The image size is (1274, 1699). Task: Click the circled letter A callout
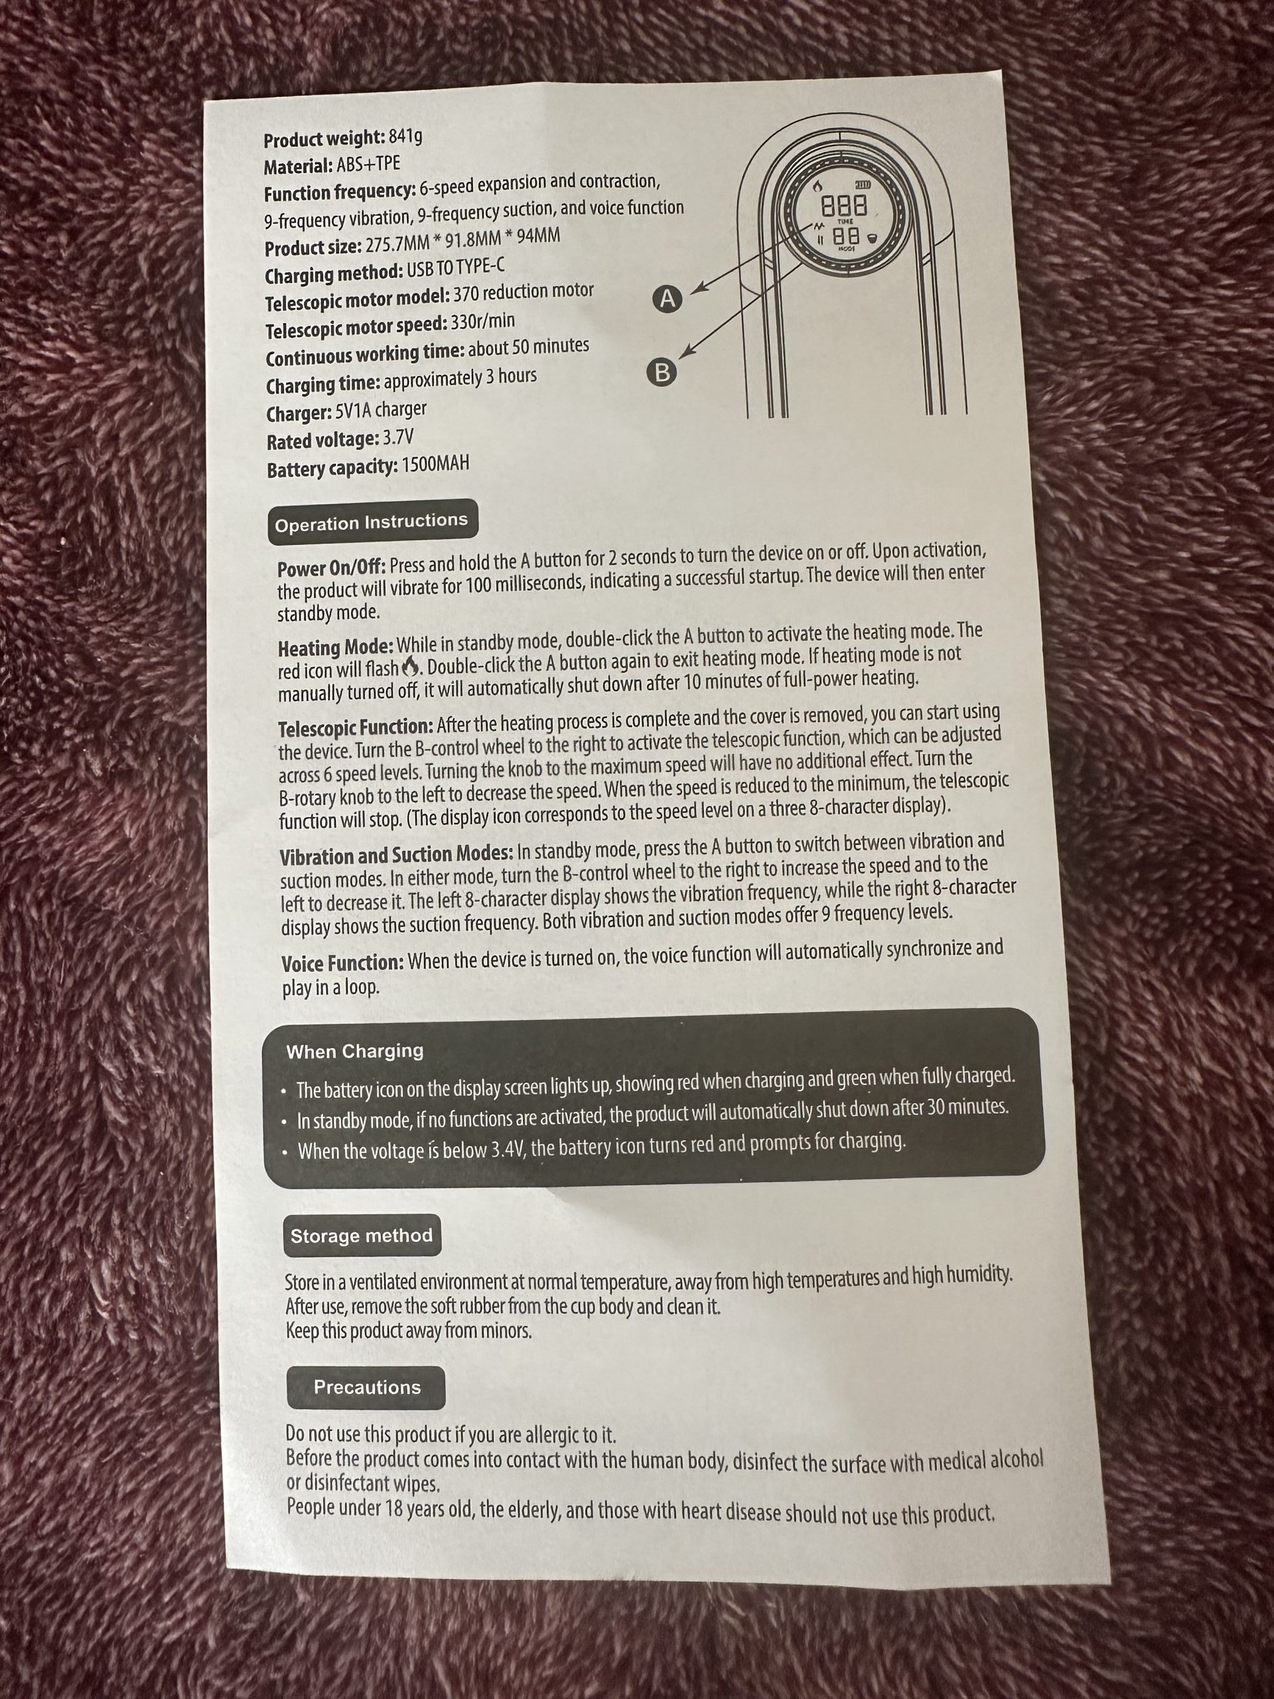point(668,299)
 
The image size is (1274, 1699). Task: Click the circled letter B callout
point(662,372)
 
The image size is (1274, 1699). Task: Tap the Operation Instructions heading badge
point(372,522)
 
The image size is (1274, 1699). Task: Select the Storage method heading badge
point(362,1235)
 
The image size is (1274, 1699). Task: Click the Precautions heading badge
point(366,1387)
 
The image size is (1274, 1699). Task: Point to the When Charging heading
point(355,1051)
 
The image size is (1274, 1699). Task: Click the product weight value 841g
point(405,137)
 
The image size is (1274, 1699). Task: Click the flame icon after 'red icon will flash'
point(411,664)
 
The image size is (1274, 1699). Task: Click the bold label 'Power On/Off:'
point(332,567)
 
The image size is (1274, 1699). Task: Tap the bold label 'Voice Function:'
point(342,962)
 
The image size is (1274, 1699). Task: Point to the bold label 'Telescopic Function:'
point(356,726)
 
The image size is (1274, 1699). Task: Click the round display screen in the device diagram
point(843,218)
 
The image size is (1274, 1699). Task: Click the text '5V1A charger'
point(381,411)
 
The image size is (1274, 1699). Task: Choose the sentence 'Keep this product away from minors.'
point(409,1330)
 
